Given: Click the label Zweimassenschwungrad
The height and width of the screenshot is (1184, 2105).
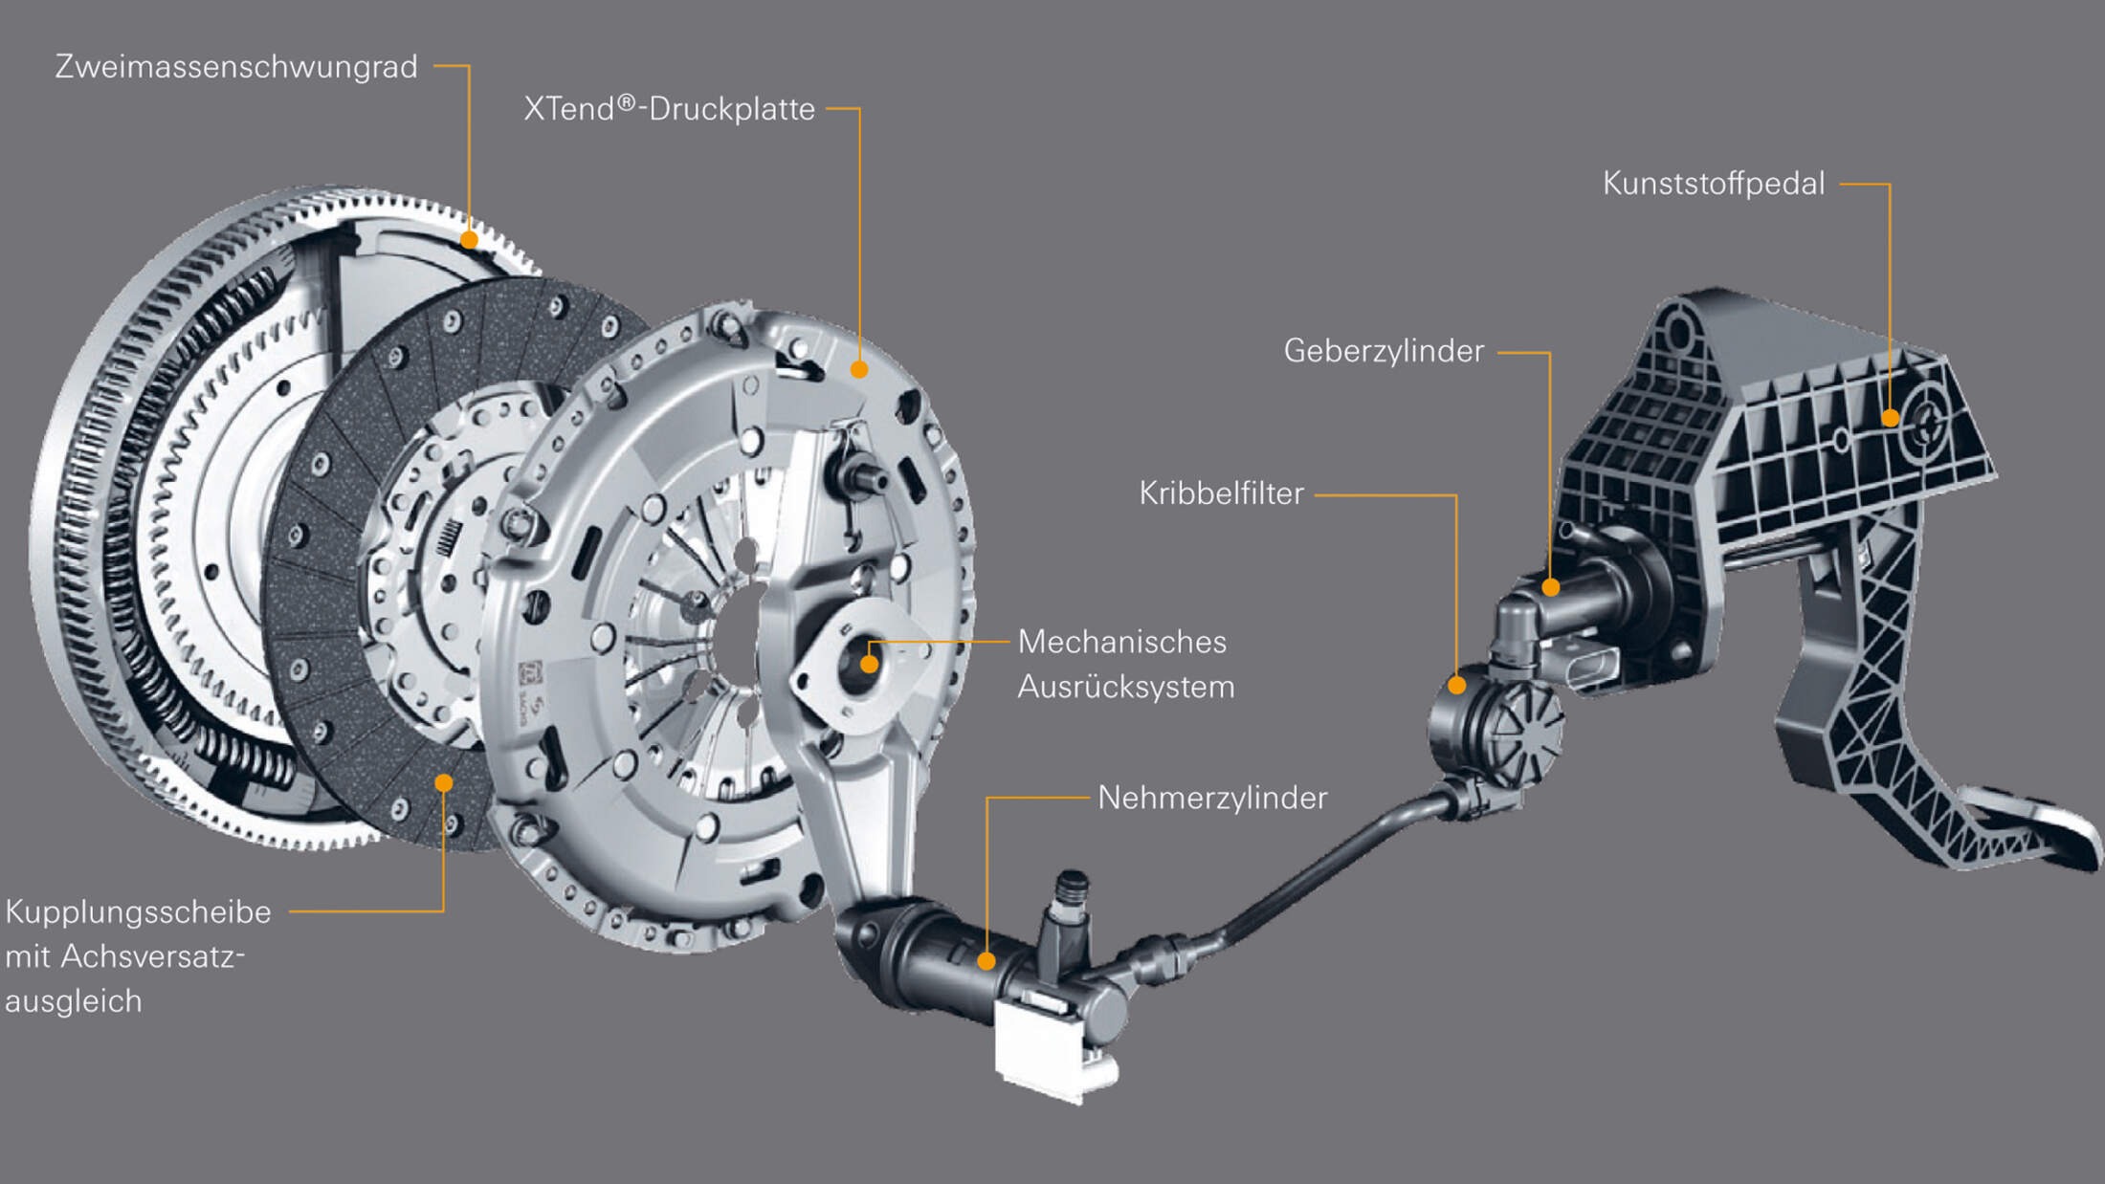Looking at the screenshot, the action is point(236,67).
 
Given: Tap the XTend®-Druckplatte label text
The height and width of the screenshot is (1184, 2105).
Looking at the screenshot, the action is point(669,109).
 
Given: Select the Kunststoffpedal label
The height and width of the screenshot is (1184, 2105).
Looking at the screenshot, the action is point(1714,184).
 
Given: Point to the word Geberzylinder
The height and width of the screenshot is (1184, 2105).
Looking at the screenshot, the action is point(1384,351).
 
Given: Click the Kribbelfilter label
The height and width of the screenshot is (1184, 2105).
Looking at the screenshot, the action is point(1221,493).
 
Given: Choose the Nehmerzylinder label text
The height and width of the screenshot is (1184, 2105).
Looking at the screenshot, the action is point(1212,798).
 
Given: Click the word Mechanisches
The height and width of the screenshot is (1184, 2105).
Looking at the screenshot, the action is point(1121,642).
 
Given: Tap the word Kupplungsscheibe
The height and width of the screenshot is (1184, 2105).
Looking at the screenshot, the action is point(138,912).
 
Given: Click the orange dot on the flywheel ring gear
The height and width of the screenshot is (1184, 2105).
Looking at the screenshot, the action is point(469,239).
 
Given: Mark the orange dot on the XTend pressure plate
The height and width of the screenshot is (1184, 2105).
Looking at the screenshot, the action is point(859,368).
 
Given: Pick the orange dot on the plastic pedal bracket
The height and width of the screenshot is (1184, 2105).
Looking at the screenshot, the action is point(1890,418).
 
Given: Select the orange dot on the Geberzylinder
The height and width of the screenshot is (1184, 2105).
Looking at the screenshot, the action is point(1551,587).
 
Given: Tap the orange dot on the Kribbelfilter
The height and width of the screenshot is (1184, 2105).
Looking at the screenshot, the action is point(1456,685).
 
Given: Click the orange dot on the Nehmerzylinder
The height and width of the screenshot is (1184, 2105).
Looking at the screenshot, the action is point(986,961).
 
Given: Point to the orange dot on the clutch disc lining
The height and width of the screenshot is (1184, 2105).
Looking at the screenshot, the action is point(443,783).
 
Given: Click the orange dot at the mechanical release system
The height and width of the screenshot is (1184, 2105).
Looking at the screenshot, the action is point(869,664).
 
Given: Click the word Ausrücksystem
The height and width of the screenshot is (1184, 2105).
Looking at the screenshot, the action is point(1125,687).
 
